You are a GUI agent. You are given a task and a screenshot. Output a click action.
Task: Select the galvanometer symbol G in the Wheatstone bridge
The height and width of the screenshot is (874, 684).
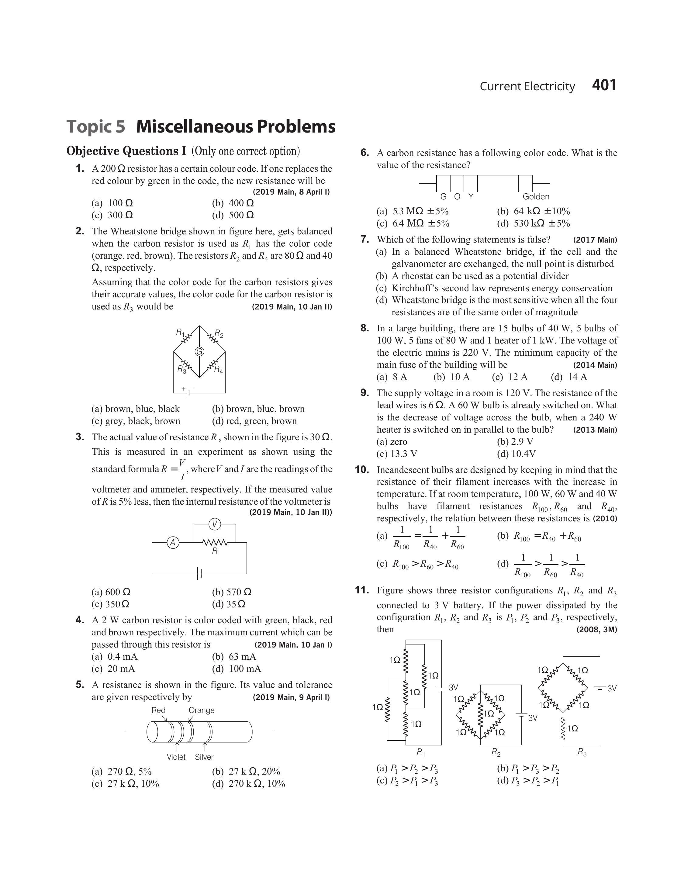point(199,351)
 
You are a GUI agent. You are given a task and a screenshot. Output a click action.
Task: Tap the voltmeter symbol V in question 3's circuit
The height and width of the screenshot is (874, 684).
point(215,524)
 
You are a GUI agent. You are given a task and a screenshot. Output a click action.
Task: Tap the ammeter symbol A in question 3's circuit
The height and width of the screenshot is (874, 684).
point(173,543)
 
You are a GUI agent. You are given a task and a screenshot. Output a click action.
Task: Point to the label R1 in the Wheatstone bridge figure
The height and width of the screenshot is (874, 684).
point(180,332)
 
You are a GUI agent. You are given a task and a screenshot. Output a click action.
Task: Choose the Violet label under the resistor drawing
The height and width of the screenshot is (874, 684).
point(176,757)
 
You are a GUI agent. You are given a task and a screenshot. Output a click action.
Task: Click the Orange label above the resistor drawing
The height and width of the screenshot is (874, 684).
point(202,710)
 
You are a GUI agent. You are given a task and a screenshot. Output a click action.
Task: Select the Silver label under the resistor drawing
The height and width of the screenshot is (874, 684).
point(204,757)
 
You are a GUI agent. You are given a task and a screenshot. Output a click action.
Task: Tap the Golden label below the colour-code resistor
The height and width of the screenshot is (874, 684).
point(536,197)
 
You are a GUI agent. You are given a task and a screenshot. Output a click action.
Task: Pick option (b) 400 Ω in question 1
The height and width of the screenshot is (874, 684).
point(233,203)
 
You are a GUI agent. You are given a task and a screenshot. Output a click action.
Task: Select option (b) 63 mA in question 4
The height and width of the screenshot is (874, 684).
point(234,656)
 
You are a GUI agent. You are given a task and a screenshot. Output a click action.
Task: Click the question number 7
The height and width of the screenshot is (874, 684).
point(364,240)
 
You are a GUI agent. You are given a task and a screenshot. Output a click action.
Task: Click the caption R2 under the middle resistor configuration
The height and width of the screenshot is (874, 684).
point(496,753)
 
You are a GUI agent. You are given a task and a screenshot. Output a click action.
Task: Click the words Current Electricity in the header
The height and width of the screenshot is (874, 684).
point(527,86)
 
